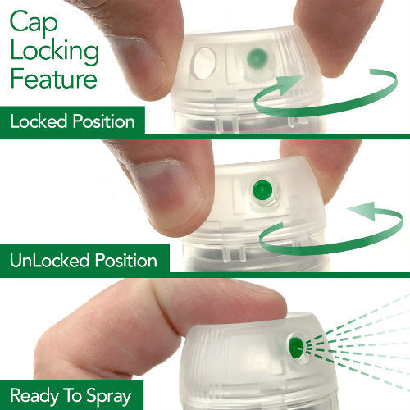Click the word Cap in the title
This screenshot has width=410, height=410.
point(34,23)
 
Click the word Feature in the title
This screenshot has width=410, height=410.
point(53,78)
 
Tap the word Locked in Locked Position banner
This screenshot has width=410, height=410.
point(39,121)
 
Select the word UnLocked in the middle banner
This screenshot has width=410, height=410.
point(50,260)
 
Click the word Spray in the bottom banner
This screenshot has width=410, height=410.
point(109,397)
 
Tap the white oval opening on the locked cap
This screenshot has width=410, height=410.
point(203,63)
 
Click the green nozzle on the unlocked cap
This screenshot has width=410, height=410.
point(262,190)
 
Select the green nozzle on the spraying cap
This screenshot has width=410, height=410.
point(296,348)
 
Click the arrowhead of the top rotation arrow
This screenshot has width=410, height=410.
point(289,84)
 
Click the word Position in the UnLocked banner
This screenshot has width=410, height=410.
point(126,260)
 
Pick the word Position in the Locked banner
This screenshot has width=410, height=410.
point(104,121)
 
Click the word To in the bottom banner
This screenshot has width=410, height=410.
point(72,395)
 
